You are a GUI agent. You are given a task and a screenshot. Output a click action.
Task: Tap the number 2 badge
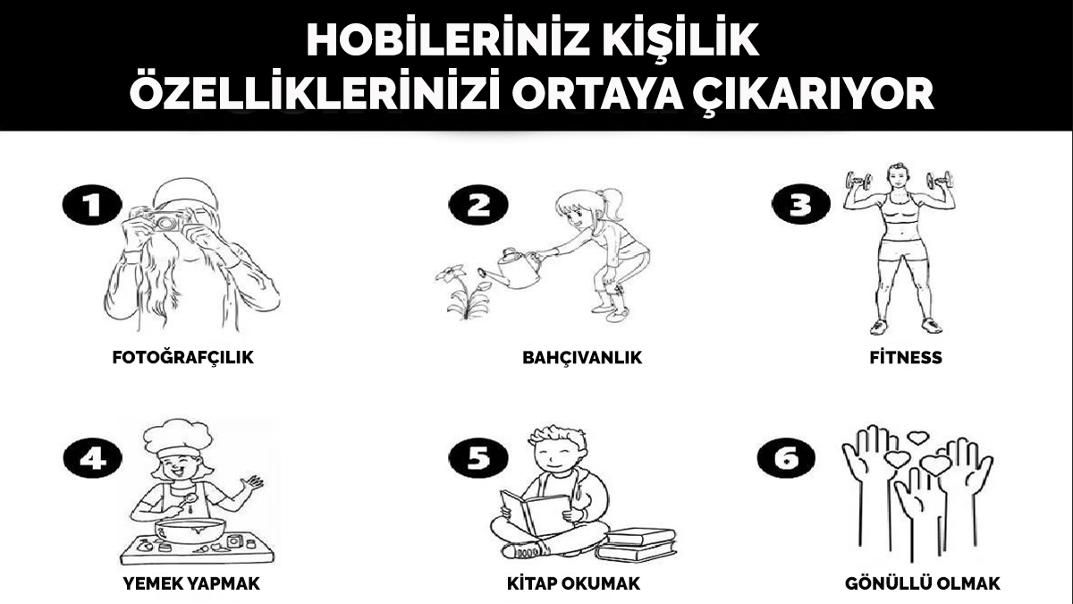479,207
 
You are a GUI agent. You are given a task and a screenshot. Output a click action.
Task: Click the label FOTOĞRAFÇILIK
183,358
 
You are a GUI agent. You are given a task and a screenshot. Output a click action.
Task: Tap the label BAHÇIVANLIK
582,358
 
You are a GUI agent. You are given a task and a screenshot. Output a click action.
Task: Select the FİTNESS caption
905,358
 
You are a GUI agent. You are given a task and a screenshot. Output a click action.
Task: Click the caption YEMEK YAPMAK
191,584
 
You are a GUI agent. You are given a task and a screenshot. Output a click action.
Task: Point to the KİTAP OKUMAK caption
573,584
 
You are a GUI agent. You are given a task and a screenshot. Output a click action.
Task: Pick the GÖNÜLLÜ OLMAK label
923,584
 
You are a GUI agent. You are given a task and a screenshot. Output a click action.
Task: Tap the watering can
511,268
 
